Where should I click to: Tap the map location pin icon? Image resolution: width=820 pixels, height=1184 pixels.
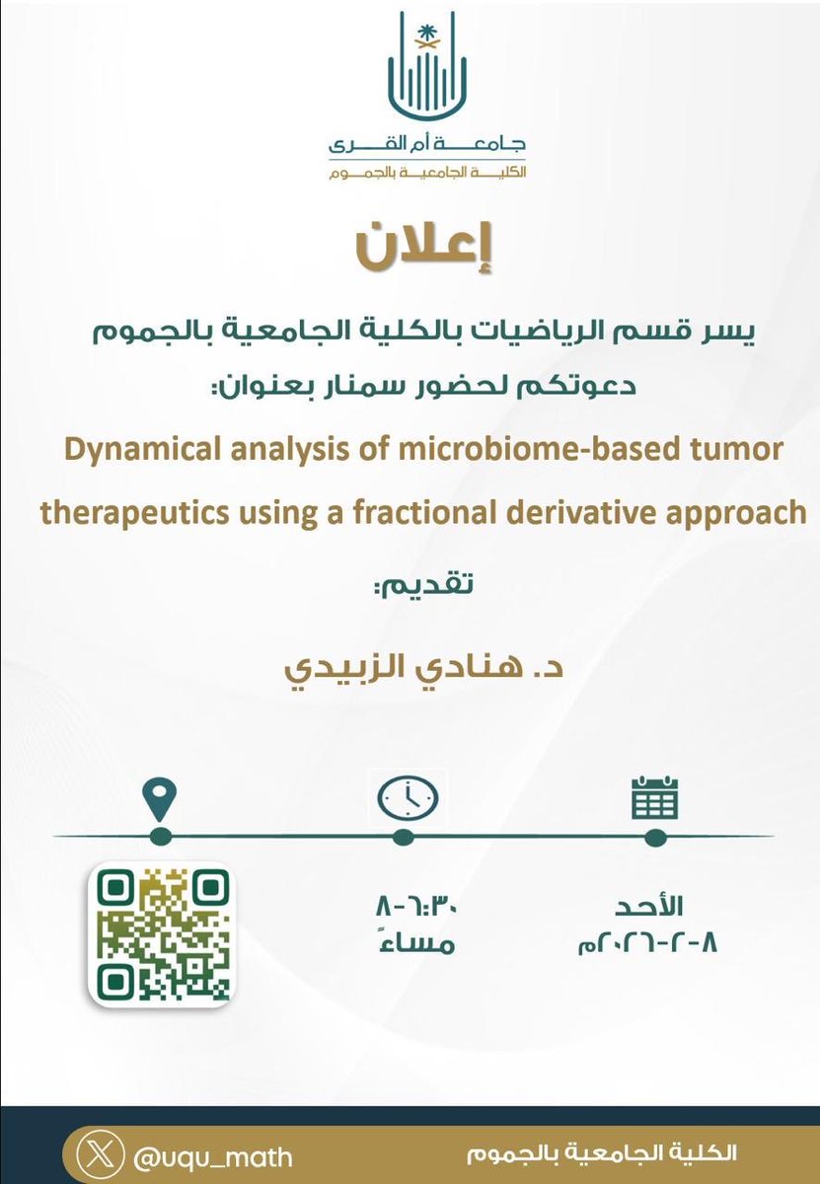pyautogui.click(x=160, y=796)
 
